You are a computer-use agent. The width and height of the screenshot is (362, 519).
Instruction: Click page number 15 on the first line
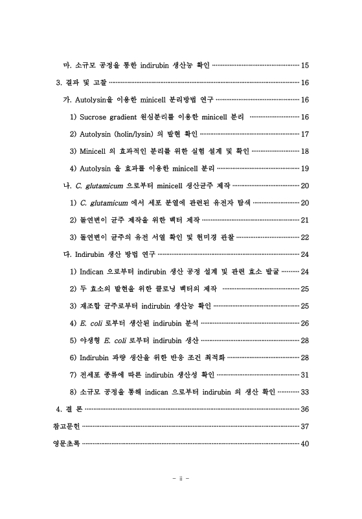coord(305,66)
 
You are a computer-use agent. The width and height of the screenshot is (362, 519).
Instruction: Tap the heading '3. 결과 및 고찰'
coord(81,82)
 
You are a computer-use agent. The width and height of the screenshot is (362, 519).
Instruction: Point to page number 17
coord(305,133)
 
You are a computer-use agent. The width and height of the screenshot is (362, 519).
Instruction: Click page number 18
coord(305,151)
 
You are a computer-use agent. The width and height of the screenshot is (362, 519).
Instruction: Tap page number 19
coord(305,167)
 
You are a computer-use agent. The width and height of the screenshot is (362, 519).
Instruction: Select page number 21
coord(305,219)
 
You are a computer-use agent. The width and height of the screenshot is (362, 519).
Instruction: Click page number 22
coord(305,235)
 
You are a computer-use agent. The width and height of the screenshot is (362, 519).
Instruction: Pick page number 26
coord(305,322)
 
